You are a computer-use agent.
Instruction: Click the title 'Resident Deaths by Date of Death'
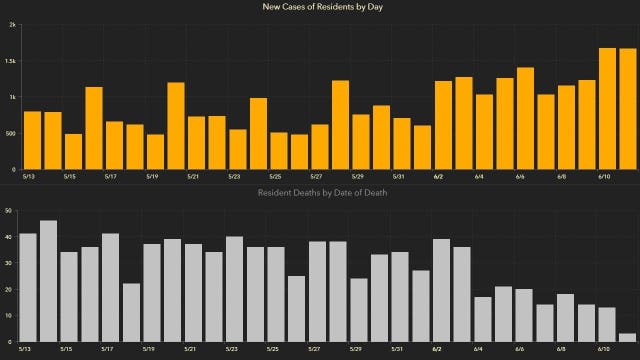pyautogui.click(x=320, y=192)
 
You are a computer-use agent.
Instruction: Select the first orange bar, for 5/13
pyautogui.click(x=32, y=140)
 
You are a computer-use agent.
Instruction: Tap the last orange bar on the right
pyautogui.click(x=627, y=109)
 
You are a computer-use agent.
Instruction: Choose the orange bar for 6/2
pyautogui.click(x=443, y=125)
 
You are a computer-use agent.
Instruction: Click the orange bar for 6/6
pyautogui.click(x=525, y=119)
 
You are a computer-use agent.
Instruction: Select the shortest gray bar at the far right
pyautogui.click(x=627, y=338)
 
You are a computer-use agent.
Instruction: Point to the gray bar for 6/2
pyautogui.click(x=441, y=291)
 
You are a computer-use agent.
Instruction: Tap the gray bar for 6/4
pyautogui.click(x=483, y=319)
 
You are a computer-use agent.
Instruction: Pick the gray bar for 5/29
pyautogui.click(x=359, y=310)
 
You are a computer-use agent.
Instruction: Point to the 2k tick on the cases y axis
pyautogui.click(x=11, y=25)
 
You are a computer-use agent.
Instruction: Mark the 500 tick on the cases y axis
pyautogui.click(x=10, y=133)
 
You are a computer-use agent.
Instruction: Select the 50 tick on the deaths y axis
pyautogui.click(x=8, y=211)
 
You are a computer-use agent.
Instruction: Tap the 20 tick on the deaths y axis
pyautogui.click(x=8, y=290)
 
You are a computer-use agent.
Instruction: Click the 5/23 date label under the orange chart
pyautogui.click(x=233, y=176)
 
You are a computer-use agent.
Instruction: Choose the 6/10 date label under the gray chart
pyautogui.click(x=604, y=350)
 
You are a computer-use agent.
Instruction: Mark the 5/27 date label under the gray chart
pyautogui.click(x=316, y=350)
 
